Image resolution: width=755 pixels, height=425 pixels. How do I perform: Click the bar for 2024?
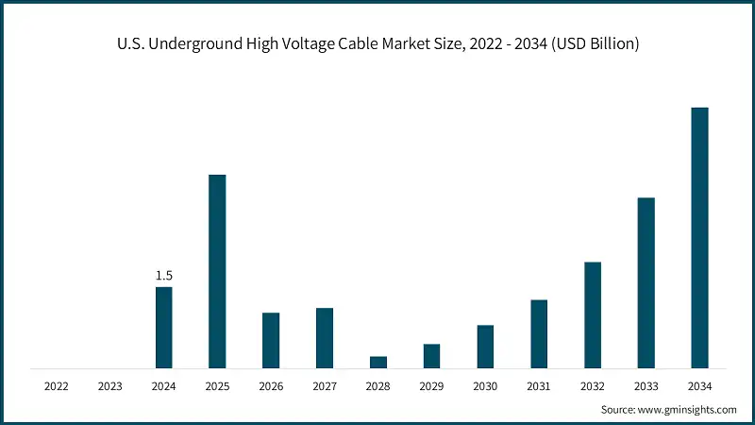click(163, 327)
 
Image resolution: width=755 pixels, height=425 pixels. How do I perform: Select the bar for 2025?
click(217, 271)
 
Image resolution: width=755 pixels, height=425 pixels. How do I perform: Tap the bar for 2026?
click(271, 340)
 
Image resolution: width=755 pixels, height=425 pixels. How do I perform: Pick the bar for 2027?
click(325, 337)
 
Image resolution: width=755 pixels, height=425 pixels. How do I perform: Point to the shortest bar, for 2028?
click(378, 362)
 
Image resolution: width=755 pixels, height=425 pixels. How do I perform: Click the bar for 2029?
click(431, 355)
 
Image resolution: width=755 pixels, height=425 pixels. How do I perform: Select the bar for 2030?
click(485, 346)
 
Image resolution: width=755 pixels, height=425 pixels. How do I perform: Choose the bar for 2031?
click(539, 333)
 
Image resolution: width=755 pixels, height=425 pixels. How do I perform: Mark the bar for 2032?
click(593, 314)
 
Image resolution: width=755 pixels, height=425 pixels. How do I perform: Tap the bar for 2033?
click(646, 282)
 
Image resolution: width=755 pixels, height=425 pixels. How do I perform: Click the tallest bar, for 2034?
click(699, 237)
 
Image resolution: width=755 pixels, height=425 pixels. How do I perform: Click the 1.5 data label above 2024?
click(163, 276)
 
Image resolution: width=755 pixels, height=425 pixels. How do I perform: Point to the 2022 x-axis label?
click(56, 386)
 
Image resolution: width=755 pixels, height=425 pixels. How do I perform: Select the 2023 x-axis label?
click(109, 386)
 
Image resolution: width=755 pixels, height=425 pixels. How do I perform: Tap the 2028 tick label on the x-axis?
click(378, 386)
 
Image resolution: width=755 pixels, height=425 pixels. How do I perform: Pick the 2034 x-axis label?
click(699, 386)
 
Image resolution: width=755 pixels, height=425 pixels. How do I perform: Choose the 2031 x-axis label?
click(539, 386)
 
